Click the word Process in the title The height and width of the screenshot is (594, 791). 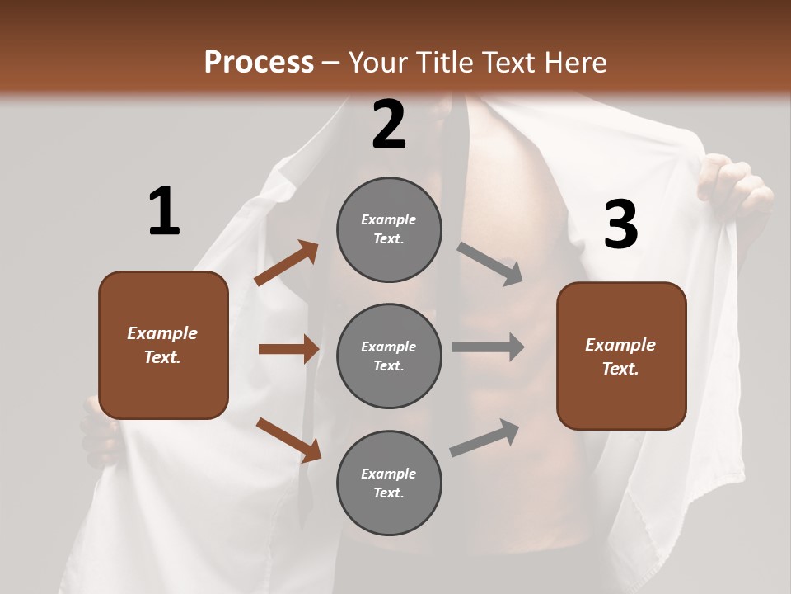tap(259, 62)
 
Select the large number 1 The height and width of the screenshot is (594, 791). tap(164, 211)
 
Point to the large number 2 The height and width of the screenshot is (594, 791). tap(389, 125)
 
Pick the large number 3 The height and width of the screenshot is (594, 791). tap(620, 224)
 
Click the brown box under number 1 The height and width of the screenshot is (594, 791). tap(163, 345)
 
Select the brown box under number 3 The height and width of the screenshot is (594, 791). tap(621, 356)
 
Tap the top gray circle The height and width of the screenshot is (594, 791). tap(389, 229)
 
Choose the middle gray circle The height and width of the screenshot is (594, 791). tap(389, 356)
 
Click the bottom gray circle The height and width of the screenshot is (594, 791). tap(389, 483)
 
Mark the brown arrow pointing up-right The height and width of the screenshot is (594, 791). tap(287, 263)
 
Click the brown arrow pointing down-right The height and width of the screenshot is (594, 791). tap(288, 440)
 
